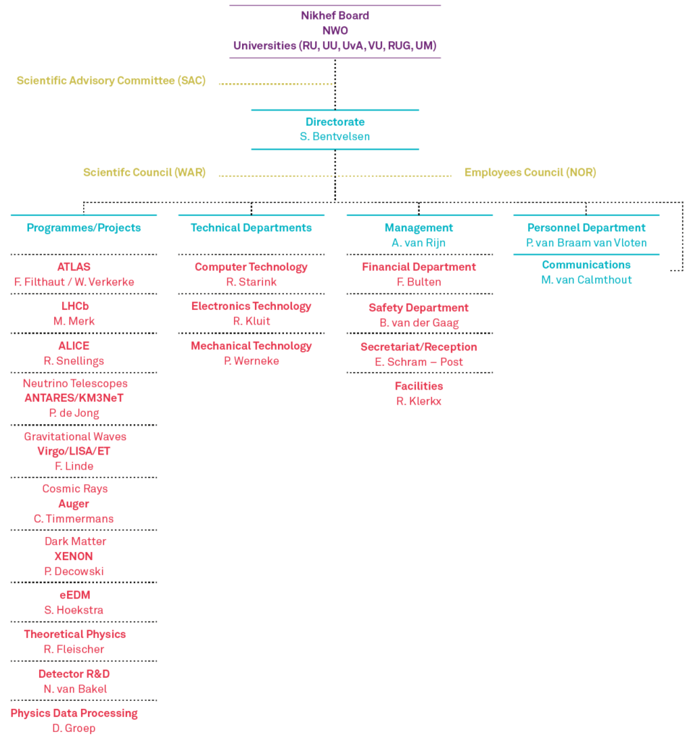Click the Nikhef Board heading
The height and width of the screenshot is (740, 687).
coord(335,16)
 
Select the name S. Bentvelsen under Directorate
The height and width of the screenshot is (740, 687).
coord(335,137)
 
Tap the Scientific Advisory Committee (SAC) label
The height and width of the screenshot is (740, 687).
coord(111,81)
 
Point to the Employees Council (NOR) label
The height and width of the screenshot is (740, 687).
coord(530,172)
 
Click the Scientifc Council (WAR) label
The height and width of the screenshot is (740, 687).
coord(144,172)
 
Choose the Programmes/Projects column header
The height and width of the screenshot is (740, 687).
coord(84,228)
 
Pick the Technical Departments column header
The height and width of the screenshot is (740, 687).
coord(251,228)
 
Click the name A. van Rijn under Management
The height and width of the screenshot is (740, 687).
coord(418,243)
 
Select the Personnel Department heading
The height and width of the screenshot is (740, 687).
coord(587,228)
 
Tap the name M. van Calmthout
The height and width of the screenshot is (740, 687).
coord(587,280)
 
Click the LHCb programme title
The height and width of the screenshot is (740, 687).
coord(75,306)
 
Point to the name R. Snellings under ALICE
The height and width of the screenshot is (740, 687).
coord(74,361)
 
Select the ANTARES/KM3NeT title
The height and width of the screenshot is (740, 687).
coord(74,398)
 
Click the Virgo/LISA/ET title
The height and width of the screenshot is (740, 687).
coord(74,451)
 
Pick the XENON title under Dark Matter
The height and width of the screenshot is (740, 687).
coord(74,556)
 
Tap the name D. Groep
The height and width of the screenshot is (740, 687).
coord(74,728)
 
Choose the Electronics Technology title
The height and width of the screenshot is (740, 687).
coord(251,306)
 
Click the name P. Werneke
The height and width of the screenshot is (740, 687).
coord(251,361)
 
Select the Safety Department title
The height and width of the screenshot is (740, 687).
coord(418,308)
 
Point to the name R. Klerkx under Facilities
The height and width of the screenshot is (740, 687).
coord(418,401)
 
